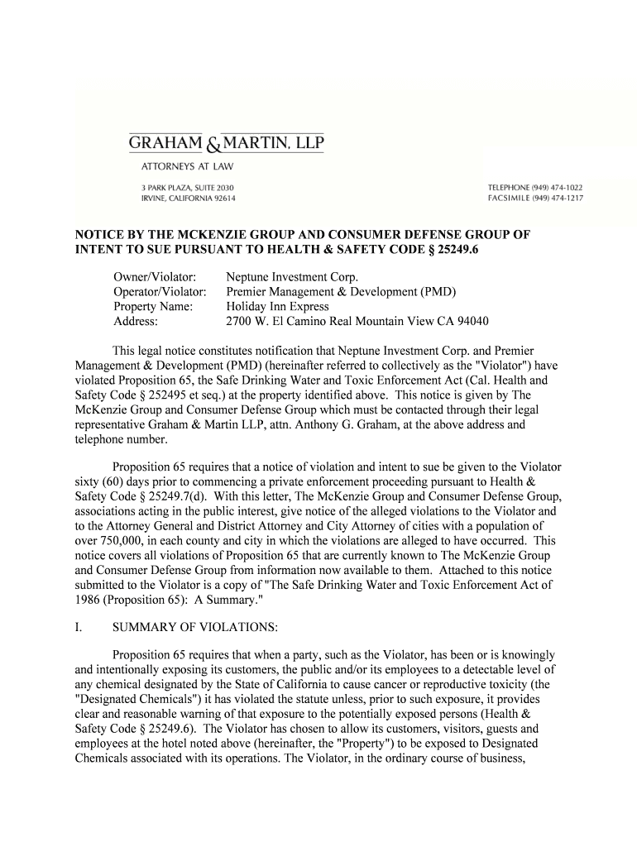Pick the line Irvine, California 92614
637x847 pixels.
coord(187,199)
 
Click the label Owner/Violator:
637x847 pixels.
coord(154,276)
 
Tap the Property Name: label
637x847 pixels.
coord(153,306)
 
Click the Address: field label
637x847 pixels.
coord(136,321)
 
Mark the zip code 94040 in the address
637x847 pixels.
coord(472,321)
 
